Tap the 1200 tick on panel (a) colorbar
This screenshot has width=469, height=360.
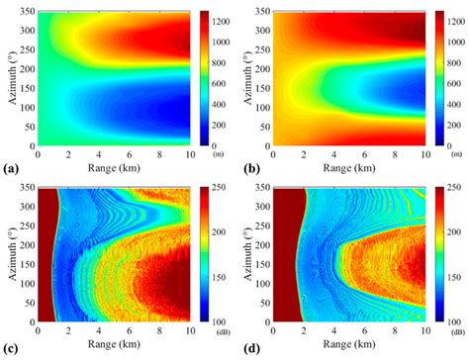coord(220,21)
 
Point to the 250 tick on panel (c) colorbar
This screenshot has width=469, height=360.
coord(218,188)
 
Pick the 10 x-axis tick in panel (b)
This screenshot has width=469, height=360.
coord(422,153)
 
